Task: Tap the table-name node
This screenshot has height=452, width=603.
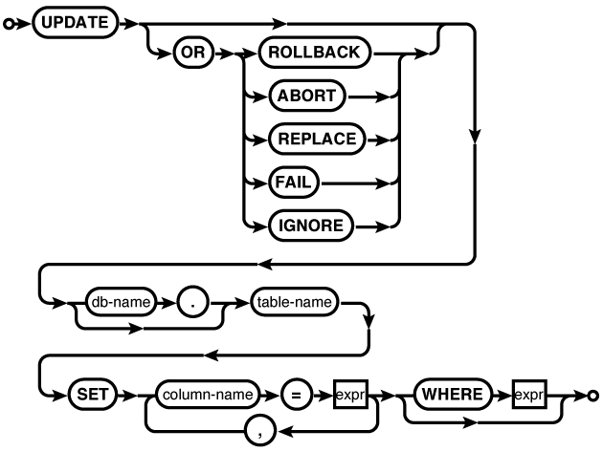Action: pyautogui.click(x=295, y=304)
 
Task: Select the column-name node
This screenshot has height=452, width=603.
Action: pyautogui.click(x=206, y=393)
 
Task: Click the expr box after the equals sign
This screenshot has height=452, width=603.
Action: pyautogui.click(x=350, y=393)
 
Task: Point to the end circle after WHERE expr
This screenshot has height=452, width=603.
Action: pyautogui.click(x=593, y=393)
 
